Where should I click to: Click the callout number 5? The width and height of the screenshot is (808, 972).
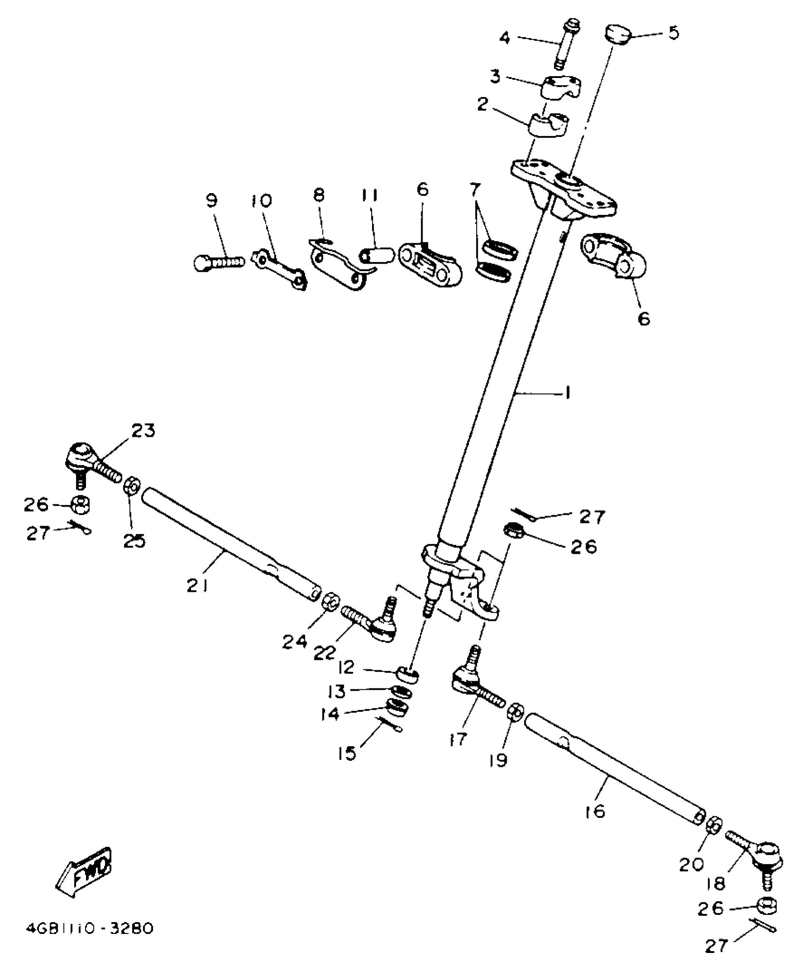click(673, 33)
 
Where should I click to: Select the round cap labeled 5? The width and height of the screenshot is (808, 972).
click(617, 34)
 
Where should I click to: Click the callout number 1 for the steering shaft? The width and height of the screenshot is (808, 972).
click(568, 393)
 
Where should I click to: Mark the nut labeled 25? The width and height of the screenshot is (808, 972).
click(132, 486)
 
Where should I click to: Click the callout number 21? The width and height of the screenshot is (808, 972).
click(197, 587)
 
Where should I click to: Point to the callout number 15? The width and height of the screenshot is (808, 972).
click(347, 753)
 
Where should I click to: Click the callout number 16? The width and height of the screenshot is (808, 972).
click(596, 811)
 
